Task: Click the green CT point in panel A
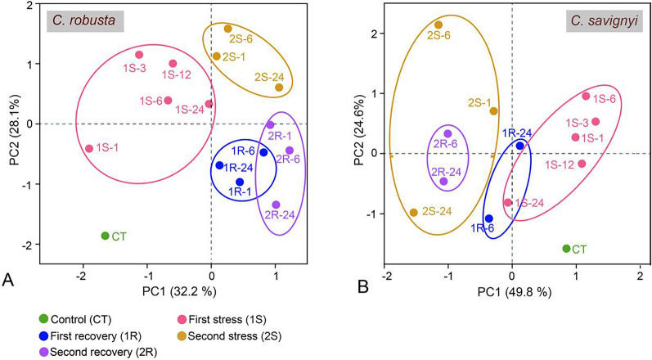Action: coord(105,236)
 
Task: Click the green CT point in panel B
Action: coord(566,248)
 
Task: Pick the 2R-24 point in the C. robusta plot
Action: coord(276,205)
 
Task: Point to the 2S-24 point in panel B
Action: coord(414,212)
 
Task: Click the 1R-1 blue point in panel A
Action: coord(239,182)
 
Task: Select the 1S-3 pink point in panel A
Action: coord(139,55)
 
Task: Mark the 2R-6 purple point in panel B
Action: coord(447,133)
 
